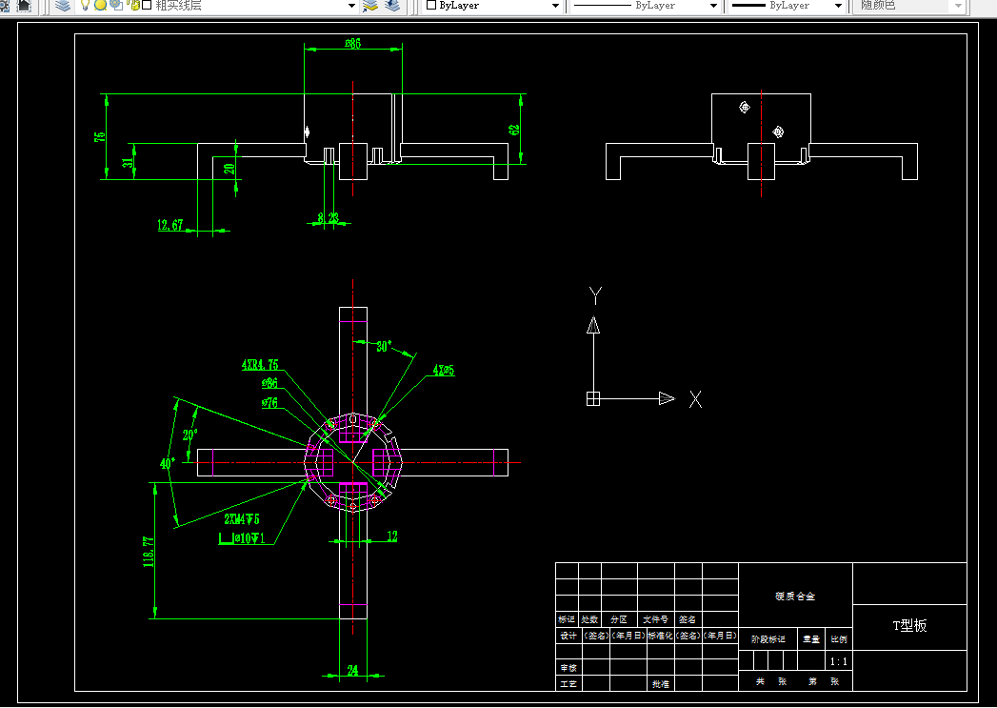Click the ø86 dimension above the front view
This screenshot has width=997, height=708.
click(352, 44)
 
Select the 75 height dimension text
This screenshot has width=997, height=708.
click(100, 136)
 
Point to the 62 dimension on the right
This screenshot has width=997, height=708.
click(515, 130)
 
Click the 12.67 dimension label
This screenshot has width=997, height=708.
click(171, 225)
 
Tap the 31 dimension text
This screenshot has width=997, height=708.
click(129, 162)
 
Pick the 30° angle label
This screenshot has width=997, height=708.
click(383, 346)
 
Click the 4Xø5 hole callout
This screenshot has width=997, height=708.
click(443, 369)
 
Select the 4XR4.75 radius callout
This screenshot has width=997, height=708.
click(259, 365)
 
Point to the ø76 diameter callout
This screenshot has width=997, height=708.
click(269, 402)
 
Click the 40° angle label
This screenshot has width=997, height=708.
click(168, 464)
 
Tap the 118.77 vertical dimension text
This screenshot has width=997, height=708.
click(149, 552)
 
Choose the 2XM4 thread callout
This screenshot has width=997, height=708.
click(242, 519)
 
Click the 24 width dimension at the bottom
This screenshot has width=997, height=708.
click(352, 671)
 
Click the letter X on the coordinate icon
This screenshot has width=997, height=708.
click(695, 399)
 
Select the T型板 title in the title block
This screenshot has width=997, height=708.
click(909, 625)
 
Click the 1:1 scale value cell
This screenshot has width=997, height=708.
click(839, 661)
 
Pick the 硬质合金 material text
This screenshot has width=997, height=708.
click(795, 597)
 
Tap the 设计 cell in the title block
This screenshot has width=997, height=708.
click(568, 635)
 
